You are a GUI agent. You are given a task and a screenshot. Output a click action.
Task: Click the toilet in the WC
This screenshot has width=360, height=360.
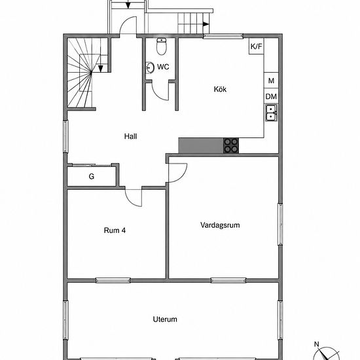point(162,46)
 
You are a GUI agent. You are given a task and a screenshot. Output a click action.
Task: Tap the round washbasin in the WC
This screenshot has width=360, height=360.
point(150,67)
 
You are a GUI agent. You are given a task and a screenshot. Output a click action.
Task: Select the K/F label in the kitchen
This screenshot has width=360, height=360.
point(256,46)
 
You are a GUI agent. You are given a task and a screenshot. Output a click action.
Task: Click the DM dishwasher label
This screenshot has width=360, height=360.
point(271,97)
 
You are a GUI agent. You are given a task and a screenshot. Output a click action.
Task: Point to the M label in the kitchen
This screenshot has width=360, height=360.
point(271,81)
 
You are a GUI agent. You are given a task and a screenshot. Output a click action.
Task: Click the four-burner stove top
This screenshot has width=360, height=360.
point(231,145)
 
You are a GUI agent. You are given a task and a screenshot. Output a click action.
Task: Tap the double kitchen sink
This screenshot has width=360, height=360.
point(272,113)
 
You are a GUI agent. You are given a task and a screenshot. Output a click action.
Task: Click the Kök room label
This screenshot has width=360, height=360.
point(220,89)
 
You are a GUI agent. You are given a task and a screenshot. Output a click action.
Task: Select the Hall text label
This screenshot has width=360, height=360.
point(130,136)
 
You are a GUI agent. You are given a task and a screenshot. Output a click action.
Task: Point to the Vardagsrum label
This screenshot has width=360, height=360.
point(220,225)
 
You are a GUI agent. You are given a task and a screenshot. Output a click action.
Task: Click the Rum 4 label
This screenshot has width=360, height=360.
point(115,230)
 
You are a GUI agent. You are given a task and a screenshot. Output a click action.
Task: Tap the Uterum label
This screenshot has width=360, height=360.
point(165,319)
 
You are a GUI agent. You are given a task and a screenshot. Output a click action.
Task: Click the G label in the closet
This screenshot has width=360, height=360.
point(92,176)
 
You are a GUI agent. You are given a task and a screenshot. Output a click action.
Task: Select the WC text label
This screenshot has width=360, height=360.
point(163,67)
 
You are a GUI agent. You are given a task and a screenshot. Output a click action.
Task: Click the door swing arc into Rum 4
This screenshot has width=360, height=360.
point(130,202)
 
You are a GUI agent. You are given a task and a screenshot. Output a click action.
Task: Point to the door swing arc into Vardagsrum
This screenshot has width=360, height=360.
point(183,176)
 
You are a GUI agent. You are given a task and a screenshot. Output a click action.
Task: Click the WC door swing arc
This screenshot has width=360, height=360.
point(157,95)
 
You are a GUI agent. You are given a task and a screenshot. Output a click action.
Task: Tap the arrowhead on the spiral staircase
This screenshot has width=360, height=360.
point(100,69)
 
